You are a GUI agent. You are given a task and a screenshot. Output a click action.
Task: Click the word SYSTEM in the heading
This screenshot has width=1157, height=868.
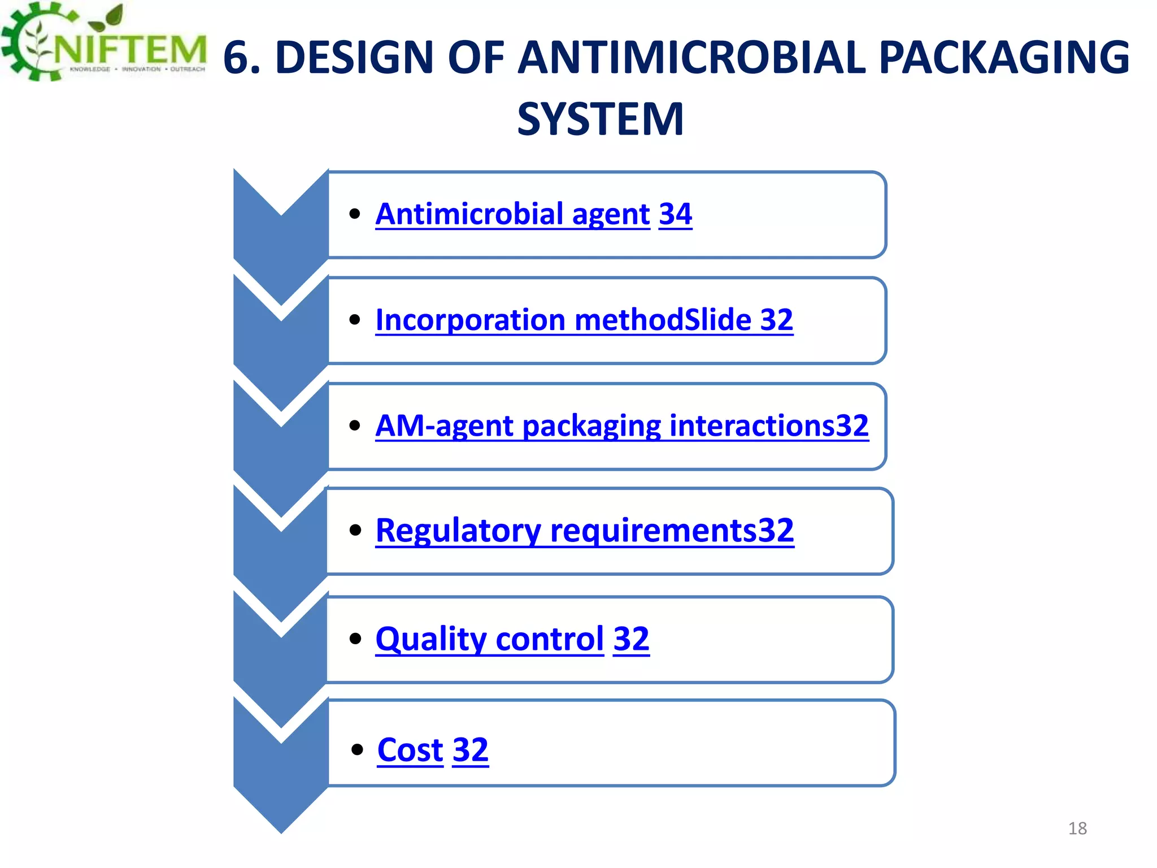[600, 119]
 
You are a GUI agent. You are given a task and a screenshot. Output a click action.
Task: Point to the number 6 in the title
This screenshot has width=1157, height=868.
[237, 59]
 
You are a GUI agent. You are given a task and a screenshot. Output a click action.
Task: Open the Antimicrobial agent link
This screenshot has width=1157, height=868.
[512, 214]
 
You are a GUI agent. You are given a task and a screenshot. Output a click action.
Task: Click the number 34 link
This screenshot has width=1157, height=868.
[675, 214]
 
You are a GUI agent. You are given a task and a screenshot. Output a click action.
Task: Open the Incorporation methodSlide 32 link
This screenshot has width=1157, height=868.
[584, 320]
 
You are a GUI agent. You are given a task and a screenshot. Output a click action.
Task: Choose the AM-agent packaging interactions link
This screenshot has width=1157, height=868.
[621, 426]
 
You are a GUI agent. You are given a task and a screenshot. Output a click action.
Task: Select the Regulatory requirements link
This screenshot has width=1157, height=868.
[584, 531]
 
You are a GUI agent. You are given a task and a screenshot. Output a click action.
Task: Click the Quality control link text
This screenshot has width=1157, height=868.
[489, 639]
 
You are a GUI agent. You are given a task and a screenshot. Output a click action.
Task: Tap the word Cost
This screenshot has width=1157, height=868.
[410, 750]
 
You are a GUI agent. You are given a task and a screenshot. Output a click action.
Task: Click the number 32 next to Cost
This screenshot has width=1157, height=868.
[470, 750]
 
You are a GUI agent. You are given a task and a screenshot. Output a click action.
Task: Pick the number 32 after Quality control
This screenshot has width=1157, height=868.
[631, 639]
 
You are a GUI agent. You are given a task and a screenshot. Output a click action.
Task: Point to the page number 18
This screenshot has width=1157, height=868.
[1077, 828]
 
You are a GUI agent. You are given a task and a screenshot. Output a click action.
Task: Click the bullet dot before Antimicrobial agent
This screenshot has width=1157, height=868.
[355, 214]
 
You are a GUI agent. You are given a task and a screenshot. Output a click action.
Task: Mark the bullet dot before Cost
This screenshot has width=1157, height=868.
[356, 750]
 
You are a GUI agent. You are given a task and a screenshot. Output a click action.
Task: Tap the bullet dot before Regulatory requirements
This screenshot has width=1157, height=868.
[355, 530]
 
